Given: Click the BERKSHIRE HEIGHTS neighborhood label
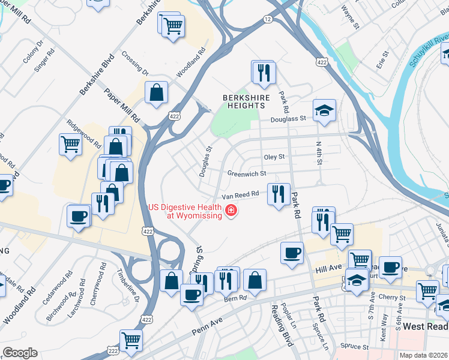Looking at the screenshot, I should [243, 101].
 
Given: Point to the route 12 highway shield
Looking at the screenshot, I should [268, 20].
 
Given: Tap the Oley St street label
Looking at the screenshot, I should [274, 157].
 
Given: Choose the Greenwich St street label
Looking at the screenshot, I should [246, 174].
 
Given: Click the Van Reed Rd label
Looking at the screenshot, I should [240, 195].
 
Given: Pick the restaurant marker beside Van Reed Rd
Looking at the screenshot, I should [278, 194].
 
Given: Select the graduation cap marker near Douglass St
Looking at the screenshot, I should [324, 110].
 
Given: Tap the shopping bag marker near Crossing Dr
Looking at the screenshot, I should [156, 93].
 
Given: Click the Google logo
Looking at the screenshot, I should [20, 353].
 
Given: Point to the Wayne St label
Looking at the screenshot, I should [349, 18].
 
